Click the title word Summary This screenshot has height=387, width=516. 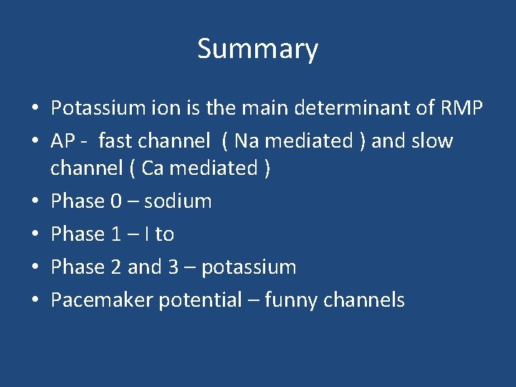click(x=257, y=49)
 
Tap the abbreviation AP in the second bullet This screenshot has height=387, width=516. click(x=63, y=141)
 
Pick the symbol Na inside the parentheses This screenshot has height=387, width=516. click(x=247, y=141)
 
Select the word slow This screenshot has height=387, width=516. click(x=432, y=141)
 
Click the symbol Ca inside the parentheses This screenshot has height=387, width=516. click(x=153, y=168)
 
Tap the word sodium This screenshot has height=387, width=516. click(x=178, y=201)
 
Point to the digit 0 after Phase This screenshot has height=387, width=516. click(x=117, y=201)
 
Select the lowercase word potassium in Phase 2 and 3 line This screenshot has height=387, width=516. click(x=249, y=267)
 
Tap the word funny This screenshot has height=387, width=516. click(x=292, y=300)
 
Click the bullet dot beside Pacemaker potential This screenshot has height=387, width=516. click(x=34, y=301)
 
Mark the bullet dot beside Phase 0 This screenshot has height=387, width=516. click(x=34, y=202)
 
